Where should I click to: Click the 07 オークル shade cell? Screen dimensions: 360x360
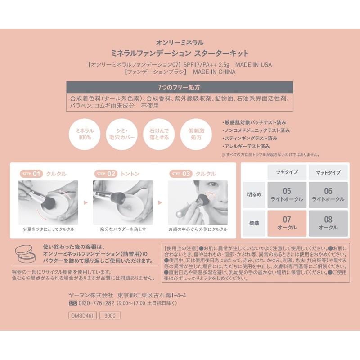287,223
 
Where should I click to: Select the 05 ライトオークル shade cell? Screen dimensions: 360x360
287,195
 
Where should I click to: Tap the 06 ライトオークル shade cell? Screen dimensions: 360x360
328,195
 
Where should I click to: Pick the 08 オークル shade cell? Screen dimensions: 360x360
328,223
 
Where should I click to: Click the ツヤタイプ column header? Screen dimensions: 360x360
287,172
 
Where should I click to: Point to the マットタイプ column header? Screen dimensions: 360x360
328,172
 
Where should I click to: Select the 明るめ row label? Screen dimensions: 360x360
254,195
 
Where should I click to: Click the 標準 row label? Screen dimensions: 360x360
254,223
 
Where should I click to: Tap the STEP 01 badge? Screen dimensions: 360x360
31,174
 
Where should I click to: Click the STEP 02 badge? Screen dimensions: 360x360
106,174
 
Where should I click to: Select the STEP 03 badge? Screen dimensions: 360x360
181,174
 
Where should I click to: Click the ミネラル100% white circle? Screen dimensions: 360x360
85,134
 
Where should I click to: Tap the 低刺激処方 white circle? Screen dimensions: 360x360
196,134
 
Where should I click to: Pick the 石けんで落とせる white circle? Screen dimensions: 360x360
159,134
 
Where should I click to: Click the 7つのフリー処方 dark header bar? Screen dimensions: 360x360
180,87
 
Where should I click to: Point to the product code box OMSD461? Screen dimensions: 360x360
82,315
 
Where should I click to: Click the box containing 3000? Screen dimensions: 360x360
110,315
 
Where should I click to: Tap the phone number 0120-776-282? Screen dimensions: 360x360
96,303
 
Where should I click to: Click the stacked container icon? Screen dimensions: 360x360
25,254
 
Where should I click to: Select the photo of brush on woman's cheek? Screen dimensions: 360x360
198,202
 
